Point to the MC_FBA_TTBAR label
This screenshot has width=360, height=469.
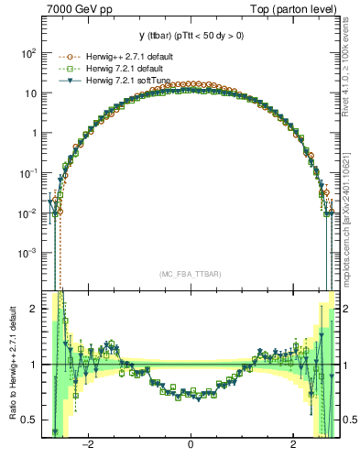tap(191, 274)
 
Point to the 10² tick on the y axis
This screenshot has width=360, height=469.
tap(28, 53)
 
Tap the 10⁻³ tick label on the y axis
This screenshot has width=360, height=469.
tap(28, 252)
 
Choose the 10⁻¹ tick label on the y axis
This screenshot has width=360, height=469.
tap(28, 172)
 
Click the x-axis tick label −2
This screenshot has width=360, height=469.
tap(89, 445)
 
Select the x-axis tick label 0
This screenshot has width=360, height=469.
tap(191, 445)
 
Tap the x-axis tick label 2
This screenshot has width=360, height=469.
tap(292, 445)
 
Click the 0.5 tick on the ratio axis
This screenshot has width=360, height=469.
tap(29, 420)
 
